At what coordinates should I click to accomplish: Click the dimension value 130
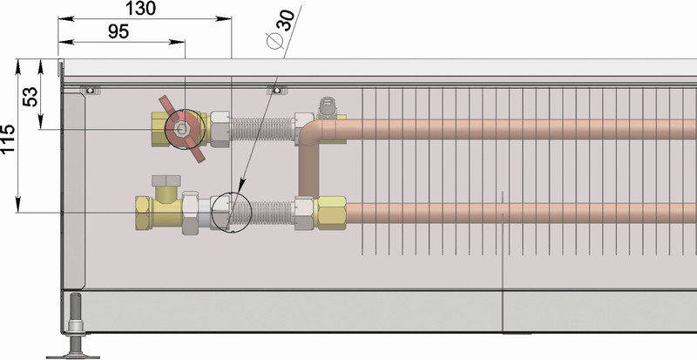click(140, 9)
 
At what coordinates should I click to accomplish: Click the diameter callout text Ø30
click(281, 31)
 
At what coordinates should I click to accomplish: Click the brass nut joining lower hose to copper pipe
click(330, 212)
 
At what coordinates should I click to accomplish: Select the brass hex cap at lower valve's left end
click(141, 212)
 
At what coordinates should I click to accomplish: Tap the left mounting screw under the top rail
click(87, 89)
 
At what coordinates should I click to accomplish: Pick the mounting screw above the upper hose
click(276, 89)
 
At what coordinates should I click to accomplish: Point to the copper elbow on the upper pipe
click(312, 131)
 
